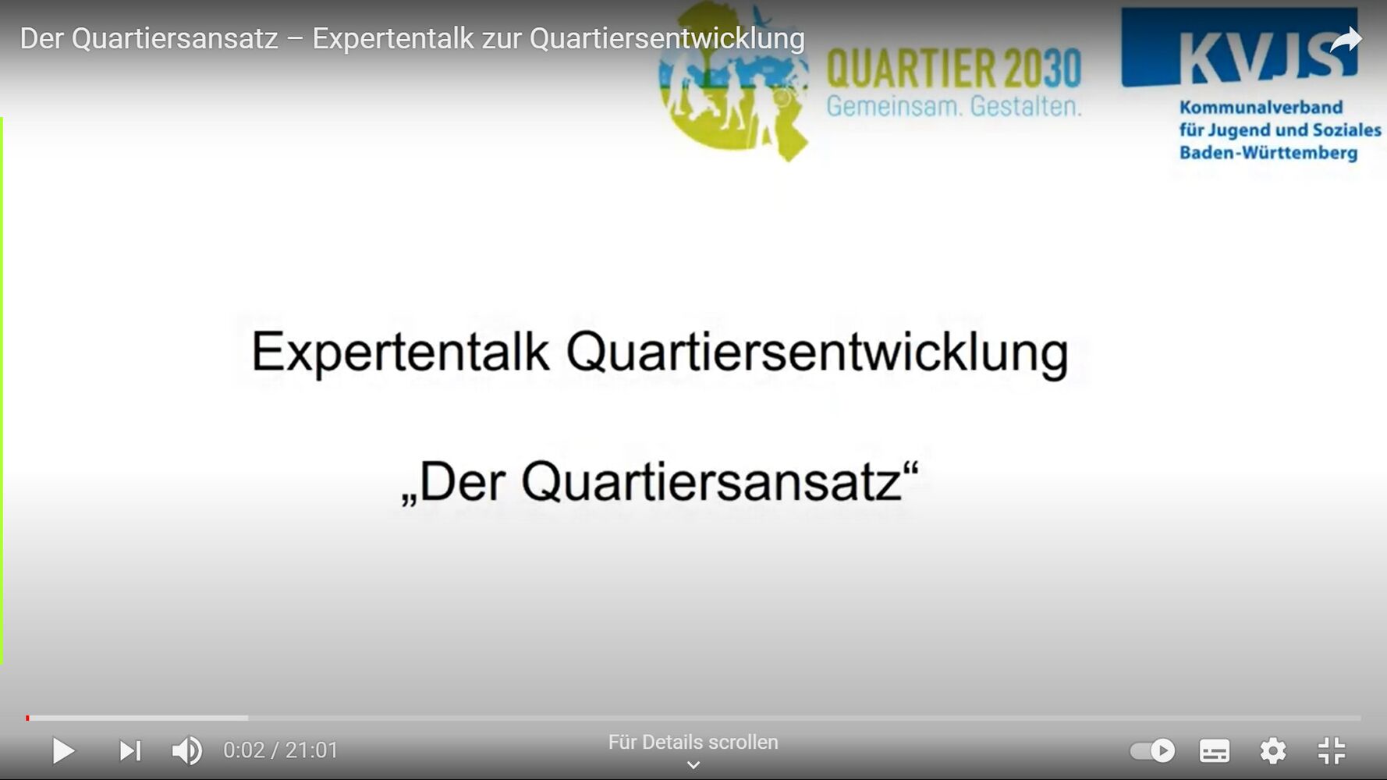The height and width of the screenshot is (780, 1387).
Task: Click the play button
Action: click(x=64, y=750)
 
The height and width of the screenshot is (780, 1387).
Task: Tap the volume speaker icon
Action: click(x=187, y=750)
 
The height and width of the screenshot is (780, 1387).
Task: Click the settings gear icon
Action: click(x=1273, y=750)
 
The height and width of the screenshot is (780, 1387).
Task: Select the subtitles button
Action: click(x=1215, y=750)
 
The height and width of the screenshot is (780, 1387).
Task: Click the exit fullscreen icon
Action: click(x=1332, y=750)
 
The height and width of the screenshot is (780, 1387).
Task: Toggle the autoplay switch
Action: click(x=1152, y=750)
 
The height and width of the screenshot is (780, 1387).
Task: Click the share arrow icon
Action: click(x=1346, y=40)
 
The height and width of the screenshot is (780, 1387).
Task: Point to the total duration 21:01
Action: click(x=311, y=750)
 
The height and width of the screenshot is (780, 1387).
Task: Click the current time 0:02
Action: click(x=244, y=750)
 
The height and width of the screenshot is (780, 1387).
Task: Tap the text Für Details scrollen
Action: click(x=693, y=742)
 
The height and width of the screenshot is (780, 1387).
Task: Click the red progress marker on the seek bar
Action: click(x=27, y=718)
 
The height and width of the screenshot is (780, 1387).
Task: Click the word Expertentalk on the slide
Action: click(x=400, y=353)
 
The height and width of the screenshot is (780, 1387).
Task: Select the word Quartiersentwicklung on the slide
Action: click(x=817, y=353)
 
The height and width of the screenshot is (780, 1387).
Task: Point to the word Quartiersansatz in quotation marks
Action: click(x=711, y=482)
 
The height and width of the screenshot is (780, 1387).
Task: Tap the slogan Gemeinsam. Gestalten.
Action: click(x=954, y=106)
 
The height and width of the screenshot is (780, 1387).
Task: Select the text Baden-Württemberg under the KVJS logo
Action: click(x=1268, y=152)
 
